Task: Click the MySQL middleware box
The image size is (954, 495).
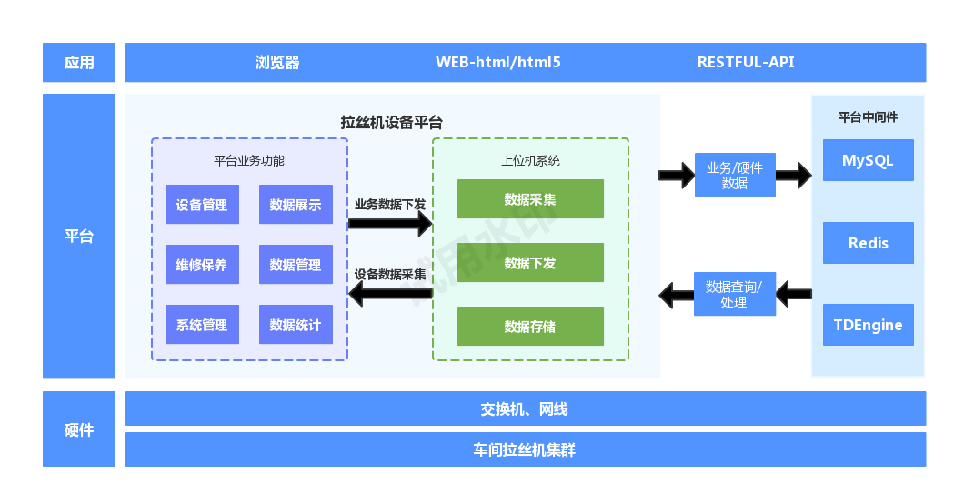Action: (x=868, y=160)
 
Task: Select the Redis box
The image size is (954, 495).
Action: (x=868, y=243)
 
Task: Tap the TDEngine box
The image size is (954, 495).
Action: (x=868, y=325)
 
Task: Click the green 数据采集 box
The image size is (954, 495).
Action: (x=530, y=199)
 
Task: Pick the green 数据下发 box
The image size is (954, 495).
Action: (x=530, y=263)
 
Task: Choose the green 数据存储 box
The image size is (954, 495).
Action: (x=530, y=326)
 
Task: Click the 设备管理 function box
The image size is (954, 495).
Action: (x=202, y=205)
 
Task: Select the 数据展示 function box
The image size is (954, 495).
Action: (x=296, y=205)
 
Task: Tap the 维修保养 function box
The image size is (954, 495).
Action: (x=202, y=265)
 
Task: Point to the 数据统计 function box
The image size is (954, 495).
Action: (x=296, y=325)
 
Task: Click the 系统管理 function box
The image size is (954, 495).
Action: (x=202, y=325)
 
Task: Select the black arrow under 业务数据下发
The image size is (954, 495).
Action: (x=390, y=224)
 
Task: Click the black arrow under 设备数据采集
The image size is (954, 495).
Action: (x=390, y=293)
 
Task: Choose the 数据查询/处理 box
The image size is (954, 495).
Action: (x=735, y=294)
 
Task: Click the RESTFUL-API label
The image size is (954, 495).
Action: (x=746, y=63)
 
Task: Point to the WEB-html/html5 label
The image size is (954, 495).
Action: (x=498, y=63)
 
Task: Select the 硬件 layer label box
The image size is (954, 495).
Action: (x=79, y=429)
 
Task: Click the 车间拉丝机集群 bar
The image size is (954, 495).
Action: (x=525, y=450)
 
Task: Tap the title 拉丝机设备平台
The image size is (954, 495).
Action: (x=392, y=122)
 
